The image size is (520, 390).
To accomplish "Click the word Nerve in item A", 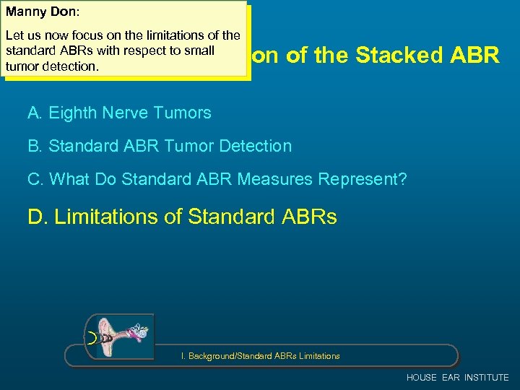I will [127, 113].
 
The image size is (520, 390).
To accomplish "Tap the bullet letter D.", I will [36, 217].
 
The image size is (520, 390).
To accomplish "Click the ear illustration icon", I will [120, 337].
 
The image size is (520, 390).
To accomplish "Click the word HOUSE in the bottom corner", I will [422, 378].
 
